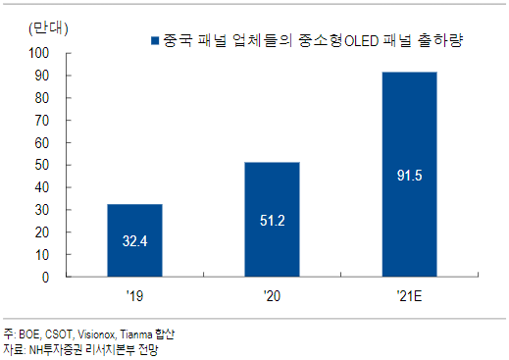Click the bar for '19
point(134,240)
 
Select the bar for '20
point(272,220)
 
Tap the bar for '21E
point(410,175)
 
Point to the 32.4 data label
point(134,241)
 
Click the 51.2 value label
point(273,221)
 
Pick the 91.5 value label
point(410,176)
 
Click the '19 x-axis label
point(134,296)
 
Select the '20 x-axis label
point(272,296)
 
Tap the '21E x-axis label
point(409,296)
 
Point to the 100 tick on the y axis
point(39,53)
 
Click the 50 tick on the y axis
point(42,165)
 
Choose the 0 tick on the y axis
point(45,278)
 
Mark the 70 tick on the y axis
point(42,121)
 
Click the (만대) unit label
point(48,28)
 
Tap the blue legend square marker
point(155,40)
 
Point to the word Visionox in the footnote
point(96,334)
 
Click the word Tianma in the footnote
point(136,334)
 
